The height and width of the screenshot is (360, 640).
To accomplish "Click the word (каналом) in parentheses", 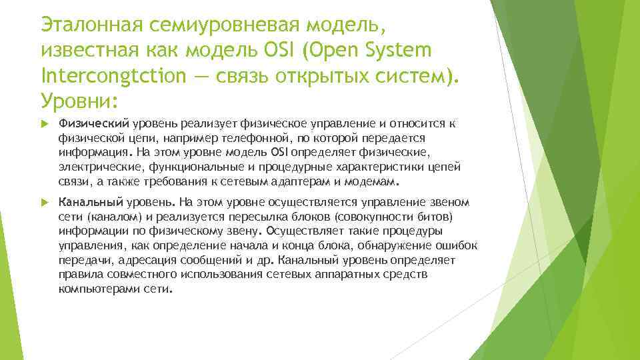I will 104,217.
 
